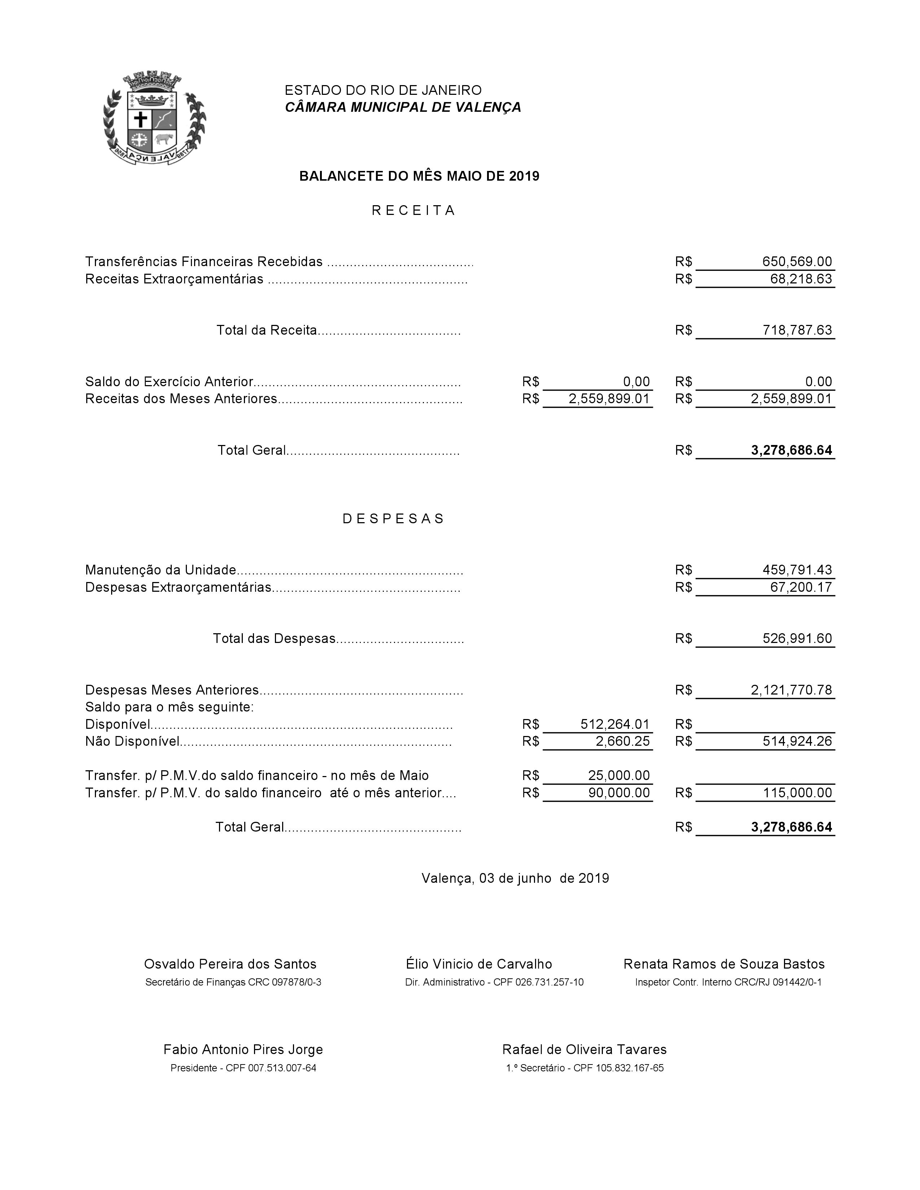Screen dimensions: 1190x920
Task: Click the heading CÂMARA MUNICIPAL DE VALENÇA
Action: tap(403, 107)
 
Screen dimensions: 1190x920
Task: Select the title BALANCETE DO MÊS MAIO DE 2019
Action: tap(419, 176)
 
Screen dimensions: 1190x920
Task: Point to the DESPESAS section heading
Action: tap(394, 519)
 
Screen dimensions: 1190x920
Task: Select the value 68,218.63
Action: tap(801, 279)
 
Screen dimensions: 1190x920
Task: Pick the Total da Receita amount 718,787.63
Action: tap(797, 330)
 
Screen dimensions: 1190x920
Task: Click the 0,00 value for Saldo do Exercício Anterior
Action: tap(636, 382)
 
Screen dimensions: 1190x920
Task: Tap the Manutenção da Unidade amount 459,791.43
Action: tap(797, 570)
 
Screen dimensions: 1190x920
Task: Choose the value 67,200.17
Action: tap(801, 587)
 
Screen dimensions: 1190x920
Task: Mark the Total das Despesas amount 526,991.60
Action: tap(797, 639)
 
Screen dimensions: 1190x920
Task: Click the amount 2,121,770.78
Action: tap(791, 690)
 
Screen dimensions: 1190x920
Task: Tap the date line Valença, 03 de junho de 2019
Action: tap(515, 878)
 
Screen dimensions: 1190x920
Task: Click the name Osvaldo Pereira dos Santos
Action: tap(230, 964)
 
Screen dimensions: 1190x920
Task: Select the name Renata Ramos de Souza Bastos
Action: tap(724, 964)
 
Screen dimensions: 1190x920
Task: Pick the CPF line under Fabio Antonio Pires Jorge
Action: tap(243, 1068)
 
